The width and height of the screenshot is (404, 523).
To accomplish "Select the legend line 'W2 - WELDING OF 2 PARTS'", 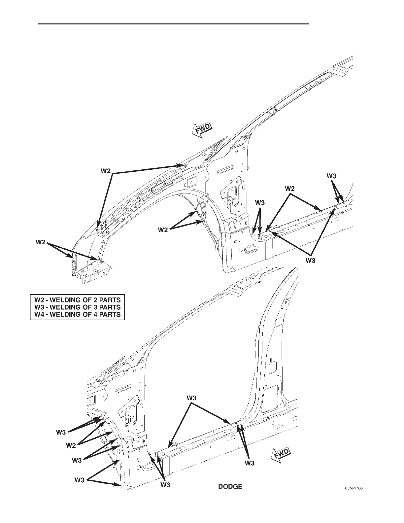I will pos(78,300).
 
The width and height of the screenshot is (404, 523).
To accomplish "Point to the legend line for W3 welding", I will pos(78,307).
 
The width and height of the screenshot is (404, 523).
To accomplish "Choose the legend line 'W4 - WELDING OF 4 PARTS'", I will pos(78,314).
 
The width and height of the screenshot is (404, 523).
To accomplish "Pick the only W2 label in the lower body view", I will pos(71,445).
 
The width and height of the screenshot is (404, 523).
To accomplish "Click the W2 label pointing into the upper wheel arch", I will pos(163,230).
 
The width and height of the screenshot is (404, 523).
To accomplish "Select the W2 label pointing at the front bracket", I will pos(41,242).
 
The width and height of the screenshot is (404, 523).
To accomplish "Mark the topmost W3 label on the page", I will pos(332,176).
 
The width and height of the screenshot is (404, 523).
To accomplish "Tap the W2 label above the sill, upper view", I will pos(289,189).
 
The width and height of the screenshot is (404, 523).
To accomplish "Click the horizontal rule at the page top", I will pos(174,24).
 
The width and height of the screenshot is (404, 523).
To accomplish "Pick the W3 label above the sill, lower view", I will pos(192,398).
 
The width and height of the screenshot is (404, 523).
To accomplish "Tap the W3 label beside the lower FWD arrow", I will pos(250,463).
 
